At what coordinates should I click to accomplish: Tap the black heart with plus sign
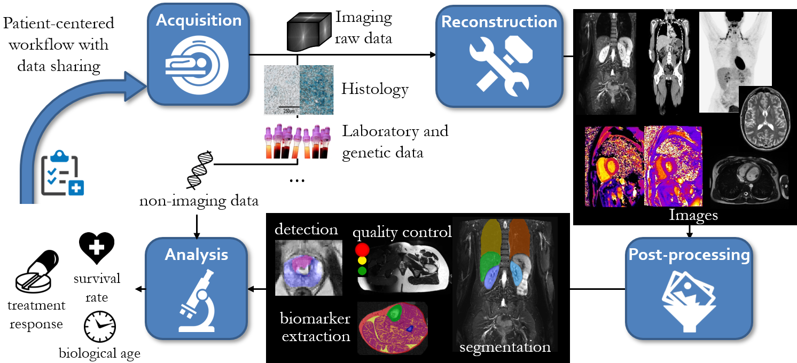[x=96, y=248]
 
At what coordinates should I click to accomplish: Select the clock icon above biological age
[x=100, y=327]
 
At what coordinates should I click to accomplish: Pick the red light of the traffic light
[x=363, y=250]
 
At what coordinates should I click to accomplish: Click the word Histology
[x=375, y=89]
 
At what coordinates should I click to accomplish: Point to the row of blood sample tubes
[x=298, y=141]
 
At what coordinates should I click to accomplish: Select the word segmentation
[x=505, y=347]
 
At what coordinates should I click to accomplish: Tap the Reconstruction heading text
[x=499, y=22]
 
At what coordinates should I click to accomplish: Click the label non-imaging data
[x=199, y=201]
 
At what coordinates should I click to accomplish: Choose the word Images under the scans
[x=693, y=215]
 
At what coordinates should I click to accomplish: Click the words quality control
[x=402, y=232]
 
